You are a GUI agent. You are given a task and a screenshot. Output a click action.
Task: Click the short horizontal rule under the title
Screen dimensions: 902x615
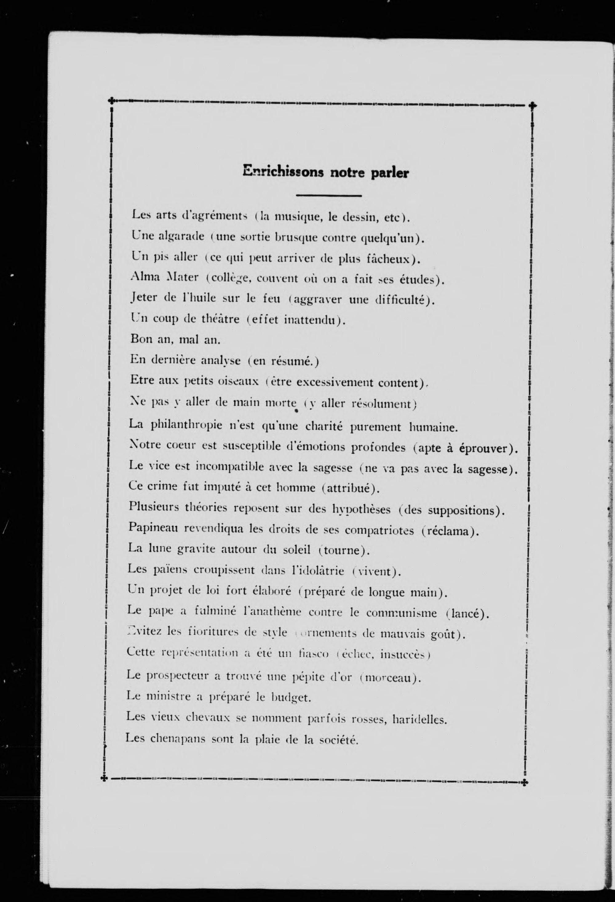click(x=328, y=196)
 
